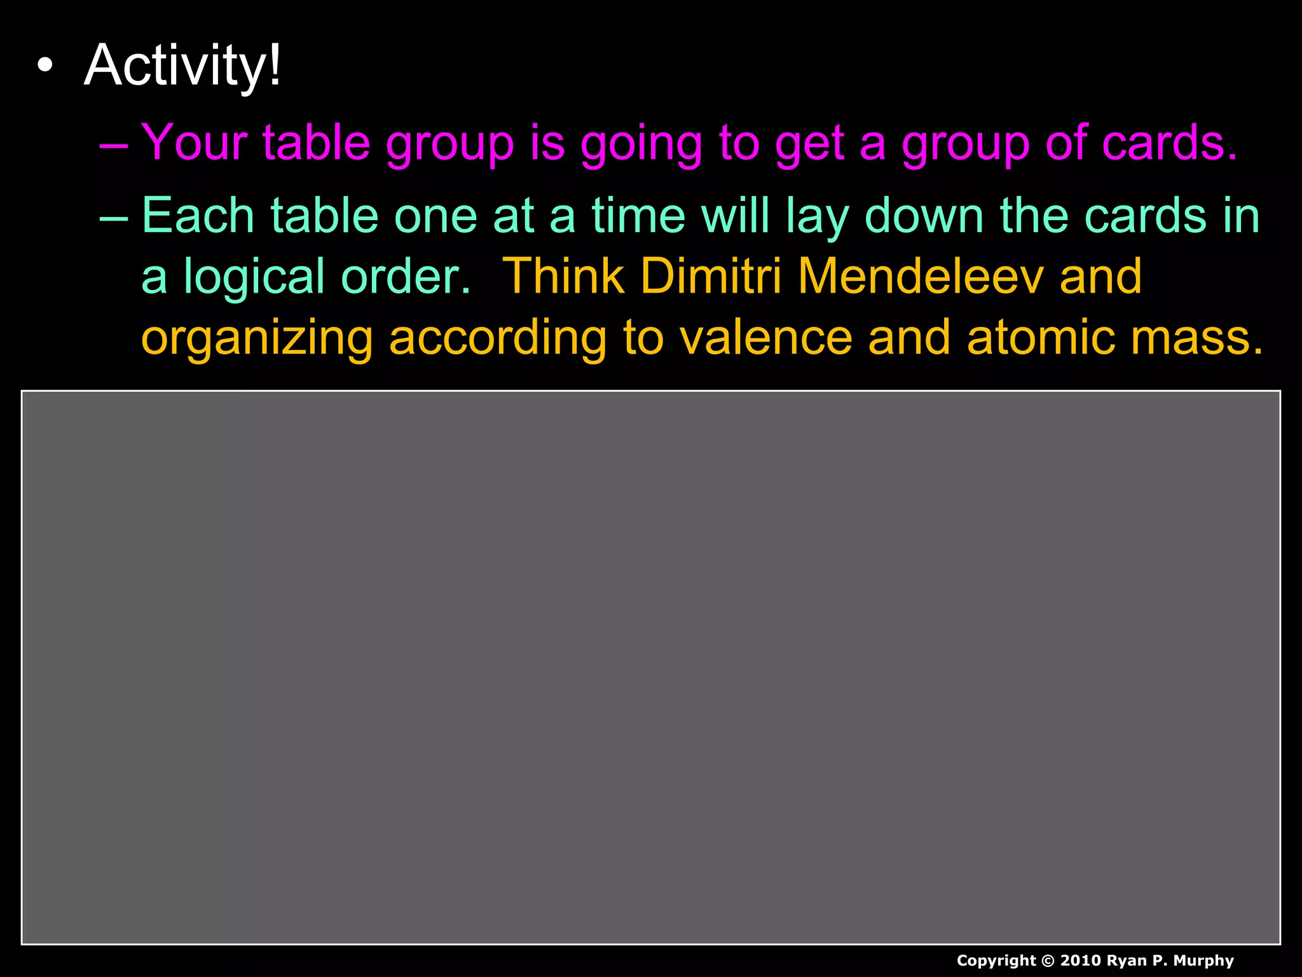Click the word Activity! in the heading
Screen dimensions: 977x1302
[x=182, y=66]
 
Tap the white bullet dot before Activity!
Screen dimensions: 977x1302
[x=45, y=66]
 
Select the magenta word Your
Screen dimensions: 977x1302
[x=194, y=142]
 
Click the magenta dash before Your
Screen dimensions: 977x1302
[x=114, y=144]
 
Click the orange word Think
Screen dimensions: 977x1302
[x=563, y=277]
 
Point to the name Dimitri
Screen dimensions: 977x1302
[x=711, y=277]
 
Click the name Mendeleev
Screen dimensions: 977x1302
[x=920, y=277]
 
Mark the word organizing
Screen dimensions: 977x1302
[x=256, y=338]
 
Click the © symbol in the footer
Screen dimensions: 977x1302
[x=1048, y=960]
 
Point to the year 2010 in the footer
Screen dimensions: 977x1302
[x=1080, y=960]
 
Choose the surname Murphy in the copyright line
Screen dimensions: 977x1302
[x=1203, y=961]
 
